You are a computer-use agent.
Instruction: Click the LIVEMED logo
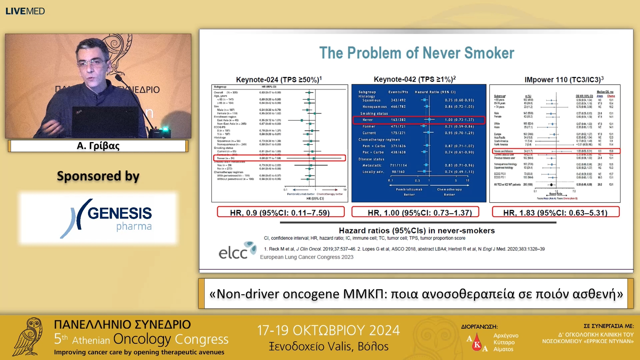pos(25,11)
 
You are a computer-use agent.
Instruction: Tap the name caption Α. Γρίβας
pos(98,146)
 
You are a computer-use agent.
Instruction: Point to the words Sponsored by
pos(98,176)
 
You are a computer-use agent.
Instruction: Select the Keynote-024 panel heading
pos(279,80)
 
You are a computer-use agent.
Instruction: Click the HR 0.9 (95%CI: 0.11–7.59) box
pos(280,212)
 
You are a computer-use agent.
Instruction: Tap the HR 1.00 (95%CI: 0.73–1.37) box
pos(415,212)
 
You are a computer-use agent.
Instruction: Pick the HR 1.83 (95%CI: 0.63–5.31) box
pos(556,212)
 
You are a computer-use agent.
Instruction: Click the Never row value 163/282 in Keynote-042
pos(398,120)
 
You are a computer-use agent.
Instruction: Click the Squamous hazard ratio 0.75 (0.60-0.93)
pos(459,100)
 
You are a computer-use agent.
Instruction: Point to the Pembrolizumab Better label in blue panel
pos(409,192)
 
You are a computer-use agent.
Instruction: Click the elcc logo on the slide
pos(237,251)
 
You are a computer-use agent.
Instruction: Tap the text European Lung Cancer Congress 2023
pos(306,257)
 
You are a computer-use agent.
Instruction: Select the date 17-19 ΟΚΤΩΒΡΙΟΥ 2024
pos(328,330)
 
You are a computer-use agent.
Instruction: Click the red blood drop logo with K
pos(477,343)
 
